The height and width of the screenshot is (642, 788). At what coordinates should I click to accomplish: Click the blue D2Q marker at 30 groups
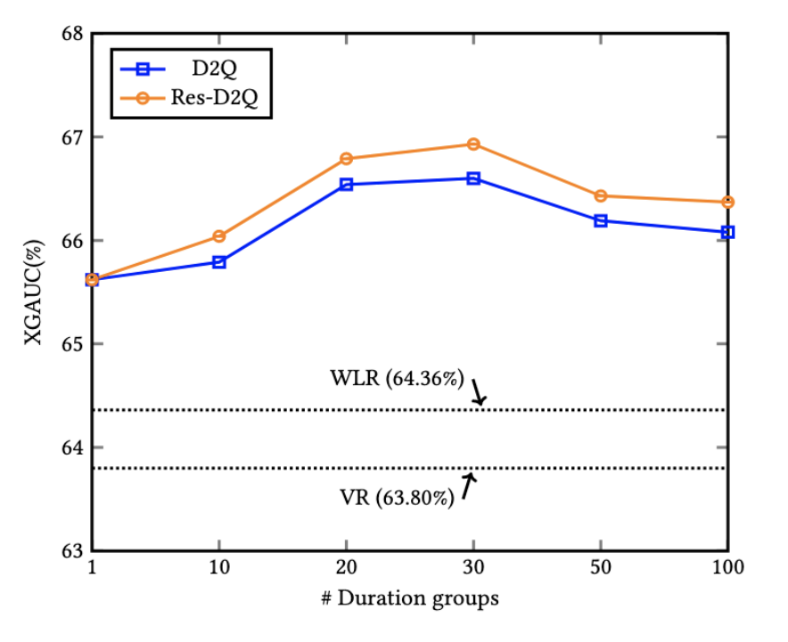473,178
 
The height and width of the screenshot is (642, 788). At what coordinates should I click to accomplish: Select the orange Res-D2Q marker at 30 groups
473,144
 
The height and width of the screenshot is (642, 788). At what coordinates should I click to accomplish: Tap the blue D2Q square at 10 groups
219,262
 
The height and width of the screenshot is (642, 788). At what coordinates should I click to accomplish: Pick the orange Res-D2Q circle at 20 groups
347,159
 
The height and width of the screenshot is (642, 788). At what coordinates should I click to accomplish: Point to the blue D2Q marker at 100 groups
727,232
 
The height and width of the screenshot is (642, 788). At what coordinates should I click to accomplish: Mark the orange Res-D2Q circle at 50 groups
601,195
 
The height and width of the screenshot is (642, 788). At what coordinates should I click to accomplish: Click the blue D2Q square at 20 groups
347,185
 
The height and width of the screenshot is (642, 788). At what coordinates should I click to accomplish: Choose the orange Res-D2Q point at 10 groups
219,236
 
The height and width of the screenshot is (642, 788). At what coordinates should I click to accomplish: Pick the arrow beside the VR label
469,484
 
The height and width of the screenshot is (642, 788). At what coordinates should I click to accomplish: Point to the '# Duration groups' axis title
410,598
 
